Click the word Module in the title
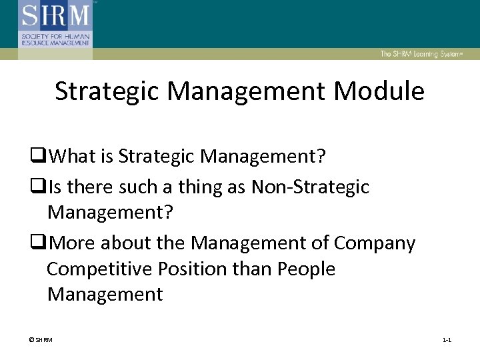point(379,91)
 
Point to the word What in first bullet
point(73,157)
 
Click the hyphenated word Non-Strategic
point(310,188)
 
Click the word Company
point(374,244)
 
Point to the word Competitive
point(94,269)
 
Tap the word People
point(305,269)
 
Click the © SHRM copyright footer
point(40,341)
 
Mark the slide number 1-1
point(447,341)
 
